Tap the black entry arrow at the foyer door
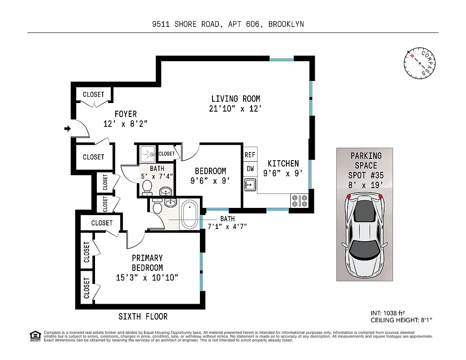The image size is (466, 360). tap(68, 129)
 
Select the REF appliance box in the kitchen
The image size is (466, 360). tap(250, 154)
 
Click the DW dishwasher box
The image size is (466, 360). tap(250, 169)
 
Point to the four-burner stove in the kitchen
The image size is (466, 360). tap(299, 200)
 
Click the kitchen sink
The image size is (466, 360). tap(250, 184)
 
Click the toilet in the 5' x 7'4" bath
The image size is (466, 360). tap(147, 187)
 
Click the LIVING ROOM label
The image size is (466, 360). tap(235, 99)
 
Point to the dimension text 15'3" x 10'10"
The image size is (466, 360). tap(147, 278)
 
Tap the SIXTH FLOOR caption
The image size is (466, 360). tap(143, 317)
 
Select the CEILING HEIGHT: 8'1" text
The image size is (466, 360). tap(401, 320)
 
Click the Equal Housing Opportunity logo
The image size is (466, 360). tap(35, 335)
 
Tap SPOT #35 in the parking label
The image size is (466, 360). tap(366, 175)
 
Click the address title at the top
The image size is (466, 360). tap(228, 24)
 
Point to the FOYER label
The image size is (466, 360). tap(125, 114)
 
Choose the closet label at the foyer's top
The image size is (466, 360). tap(93, 94)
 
